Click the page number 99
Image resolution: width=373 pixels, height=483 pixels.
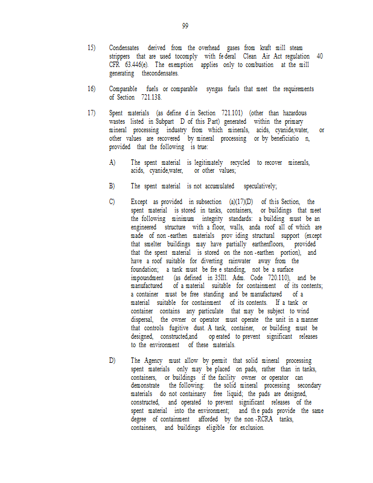click(185, 26)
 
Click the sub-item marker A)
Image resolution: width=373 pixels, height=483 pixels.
click(112, 162)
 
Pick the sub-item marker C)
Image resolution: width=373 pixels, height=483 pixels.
click(112, 202)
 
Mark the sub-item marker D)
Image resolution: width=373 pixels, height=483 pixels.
click(112, 360)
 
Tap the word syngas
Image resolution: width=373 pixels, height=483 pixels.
click(214, 89)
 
